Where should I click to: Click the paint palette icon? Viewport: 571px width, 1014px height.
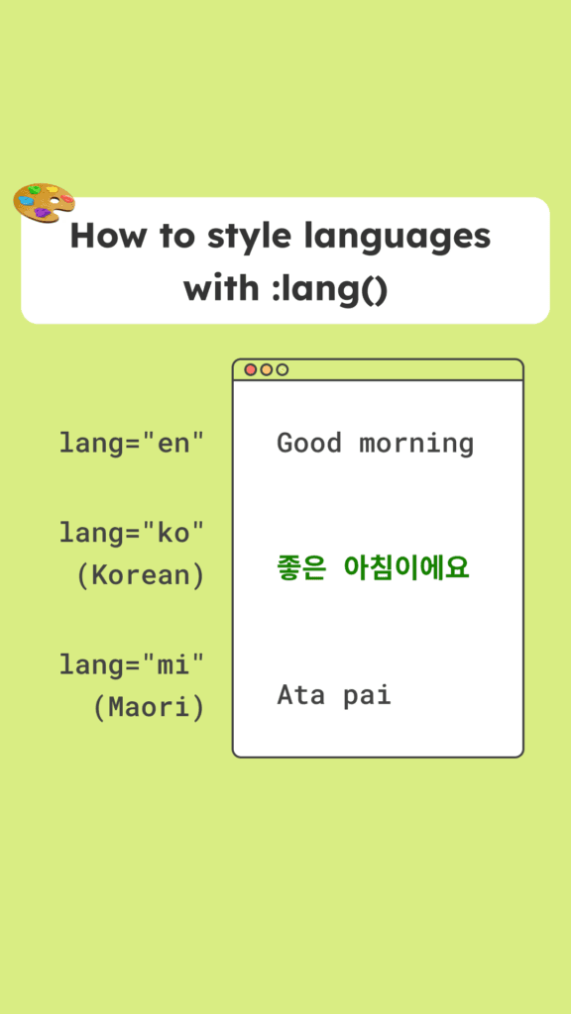click(44, 202)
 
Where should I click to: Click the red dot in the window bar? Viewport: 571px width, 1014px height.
click(251, 370)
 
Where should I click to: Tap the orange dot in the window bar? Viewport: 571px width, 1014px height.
click(266, 370)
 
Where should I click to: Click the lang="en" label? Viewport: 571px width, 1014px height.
click(132, 443)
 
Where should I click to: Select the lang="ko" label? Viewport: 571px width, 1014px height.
click(132, 533)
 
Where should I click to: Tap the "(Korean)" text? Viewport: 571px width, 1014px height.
click(141, 575)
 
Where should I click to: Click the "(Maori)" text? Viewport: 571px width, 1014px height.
click(149, 708)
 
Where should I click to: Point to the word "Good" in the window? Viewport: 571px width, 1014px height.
click(309, 443)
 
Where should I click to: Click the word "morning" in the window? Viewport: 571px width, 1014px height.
click(416, 445)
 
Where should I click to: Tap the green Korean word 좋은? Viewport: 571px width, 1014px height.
click(300, 568)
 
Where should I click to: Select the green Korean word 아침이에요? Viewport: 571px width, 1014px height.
click(406, 568)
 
